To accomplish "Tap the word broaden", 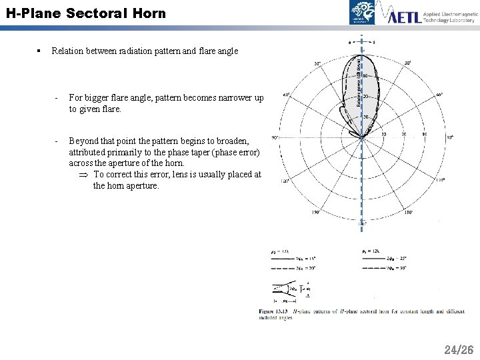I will click(x=233, y=141).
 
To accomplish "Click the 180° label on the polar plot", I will click(x=362, y=223).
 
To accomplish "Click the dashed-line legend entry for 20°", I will click(x=287, y=268).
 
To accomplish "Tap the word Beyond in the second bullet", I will click(x=84, y=141).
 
